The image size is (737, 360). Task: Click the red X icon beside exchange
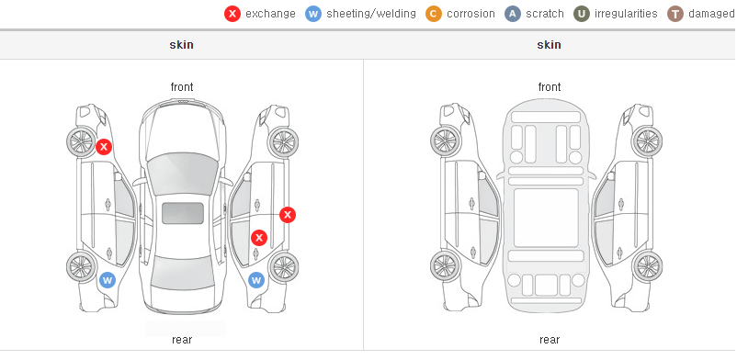click(232, 14)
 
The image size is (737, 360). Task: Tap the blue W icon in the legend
click(313, 14)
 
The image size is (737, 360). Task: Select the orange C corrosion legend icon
click(434, 14)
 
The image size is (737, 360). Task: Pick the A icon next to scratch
click(513, 14)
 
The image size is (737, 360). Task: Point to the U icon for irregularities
click(582, 14)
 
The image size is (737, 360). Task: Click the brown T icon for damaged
click(675, 14)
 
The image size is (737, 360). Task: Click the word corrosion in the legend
click(471, 14)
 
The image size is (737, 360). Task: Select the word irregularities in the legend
click(626, 14)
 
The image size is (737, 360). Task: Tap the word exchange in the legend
click(270, 14)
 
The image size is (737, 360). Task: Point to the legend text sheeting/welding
click(371, 14)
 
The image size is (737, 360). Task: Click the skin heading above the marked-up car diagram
click(181, 45)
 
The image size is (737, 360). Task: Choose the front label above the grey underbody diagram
click(549, 87)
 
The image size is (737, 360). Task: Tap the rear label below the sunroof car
click(182, 340)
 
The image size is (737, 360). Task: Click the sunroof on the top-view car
click(183, 213)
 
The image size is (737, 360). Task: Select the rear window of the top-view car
click(183, 273)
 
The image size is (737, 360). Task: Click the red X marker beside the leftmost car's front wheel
click(104, 147)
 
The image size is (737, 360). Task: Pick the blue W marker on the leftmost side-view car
click(108, 281)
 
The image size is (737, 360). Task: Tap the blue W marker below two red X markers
click(256, 281)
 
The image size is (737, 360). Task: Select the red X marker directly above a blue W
click(259, 238)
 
